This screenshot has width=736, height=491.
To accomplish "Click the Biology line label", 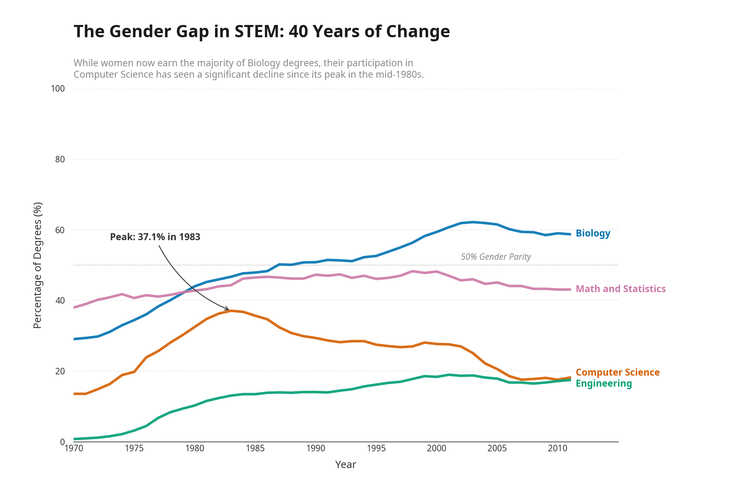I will [592, 233].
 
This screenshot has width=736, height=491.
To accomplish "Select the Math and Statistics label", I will [620, 289].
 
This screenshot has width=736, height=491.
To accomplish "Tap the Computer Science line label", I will [617, 372].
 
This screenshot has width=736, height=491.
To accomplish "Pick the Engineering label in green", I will [604, 383].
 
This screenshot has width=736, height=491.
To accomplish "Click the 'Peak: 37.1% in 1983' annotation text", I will [155, 237].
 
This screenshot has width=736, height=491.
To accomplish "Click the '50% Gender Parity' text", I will [496, 257].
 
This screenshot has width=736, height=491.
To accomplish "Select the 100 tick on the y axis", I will [58, 89].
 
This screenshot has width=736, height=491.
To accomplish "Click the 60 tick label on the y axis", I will [60, 230].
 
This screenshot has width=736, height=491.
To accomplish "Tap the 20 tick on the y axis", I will [60, 371].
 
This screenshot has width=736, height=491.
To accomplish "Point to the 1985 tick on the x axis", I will [255, 448].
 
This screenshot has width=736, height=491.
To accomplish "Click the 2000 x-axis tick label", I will [436, 448].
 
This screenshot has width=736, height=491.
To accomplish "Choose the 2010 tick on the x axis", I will [557, 448].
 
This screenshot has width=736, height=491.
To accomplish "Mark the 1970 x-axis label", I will [74, 448].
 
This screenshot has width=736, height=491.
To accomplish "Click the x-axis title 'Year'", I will [346, 465].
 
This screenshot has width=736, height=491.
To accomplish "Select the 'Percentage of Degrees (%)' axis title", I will [38, 265].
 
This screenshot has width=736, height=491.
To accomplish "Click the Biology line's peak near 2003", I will [473, 222].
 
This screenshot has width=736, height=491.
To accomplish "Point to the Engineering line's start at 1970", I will [74, 439].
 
